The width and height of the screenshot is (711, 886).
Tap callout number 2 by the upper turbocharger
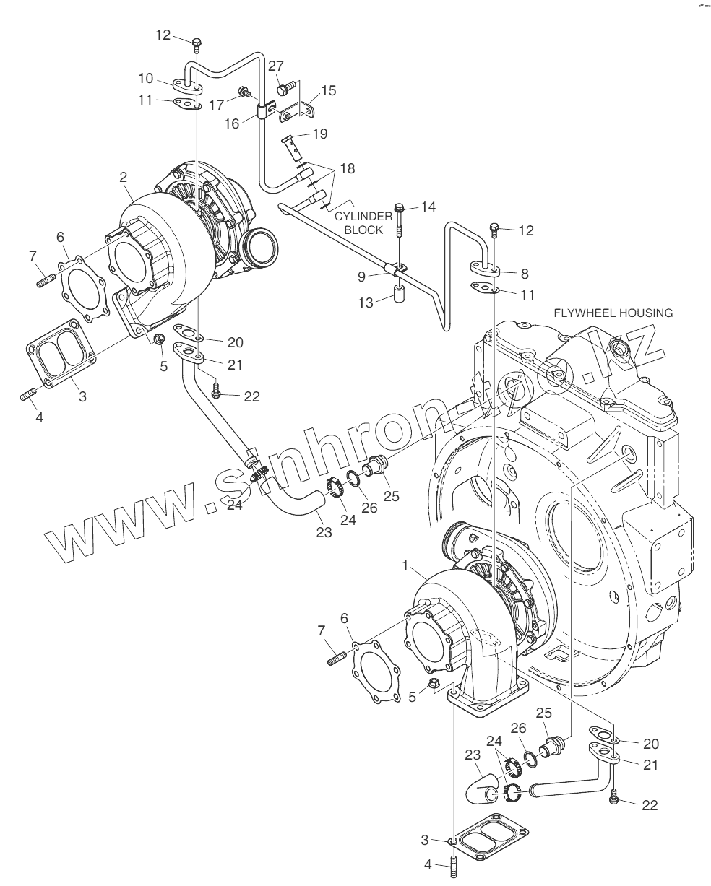point(124,176)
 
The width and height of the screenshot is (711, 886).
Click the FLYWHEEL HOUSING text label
point(613,313)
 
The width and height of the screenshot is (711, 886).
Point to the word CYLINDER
point(363,216)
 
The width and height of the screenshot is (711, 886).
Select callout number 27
point(276,66)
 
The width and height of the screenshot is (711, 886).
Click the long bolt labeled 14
point(398,223)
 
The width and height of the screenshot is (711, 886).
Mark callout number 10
point(146,77)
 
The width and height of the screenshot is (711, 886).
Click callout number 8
point(525,274)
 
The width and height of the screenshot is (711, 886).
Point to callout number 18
point(348,168)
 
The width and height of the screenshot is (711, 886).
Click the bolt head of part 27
point(283,90)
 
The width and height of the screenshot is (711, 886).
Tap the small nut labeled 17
point(246,92)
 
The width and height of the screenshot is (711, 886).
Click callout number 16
point(231,123)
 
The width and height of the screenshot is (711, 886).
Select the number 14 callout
point(428,207)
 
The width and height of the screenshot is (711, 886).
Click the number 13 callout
point(366,303)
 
